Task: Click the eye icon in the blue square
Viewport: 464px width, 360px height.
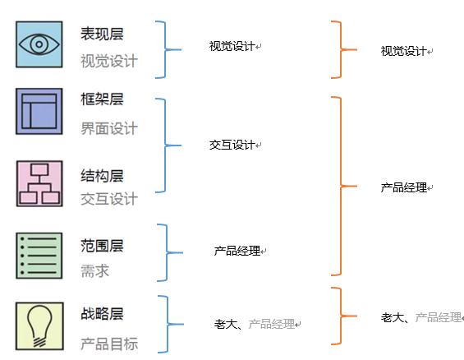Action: (x=39, y=44)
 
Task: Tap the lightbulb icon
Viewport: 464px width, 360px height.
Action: (x=39, y=326)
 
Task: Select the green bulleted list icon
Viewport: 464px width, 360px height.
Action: (x=39, y=256)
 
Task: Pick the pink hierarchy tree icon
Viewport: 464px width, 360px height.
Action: (x=39, y=183)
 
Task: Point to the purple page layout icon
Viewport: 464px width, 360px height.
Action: (x=39, y=111)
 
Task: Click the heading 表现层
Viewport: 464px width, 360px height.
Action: (x=102, y=34)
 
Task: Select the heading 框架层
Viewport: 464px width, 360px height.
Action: (x=102, y=99)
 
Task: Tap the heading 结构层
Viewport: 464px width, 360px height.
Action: (x=102, y=176)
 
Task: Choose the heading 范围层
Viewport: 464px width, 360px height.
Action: (x=102, y=246)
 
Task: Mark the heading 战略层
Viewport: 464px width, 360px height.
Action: (x=102, y=314)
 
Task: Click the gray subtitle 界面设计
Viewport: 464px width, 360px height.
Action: (x=109, y=128)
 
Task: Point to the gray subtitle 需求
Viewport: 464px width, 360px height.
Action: (x=94, y=271)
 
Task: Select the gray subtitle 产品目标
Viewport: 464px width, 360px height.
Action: (x=109, y=344)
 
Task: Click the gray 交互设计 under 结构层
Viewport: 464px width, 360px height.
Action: (x=109, y=199)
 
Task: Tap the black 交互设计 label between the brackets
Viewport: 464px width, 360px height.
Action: (x=232, y=145)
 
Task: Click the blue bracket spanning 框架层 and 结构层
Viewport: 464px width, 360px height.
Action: (x=165, y=145)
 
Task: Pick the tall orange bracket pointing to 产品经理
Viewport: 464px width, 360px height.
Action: (x=341, y=186)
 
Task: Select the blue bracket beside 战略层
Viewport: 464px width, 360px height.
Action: (x=168, y=324)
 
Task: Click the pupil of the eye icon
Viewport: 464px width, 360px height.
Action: (x=39, y=44)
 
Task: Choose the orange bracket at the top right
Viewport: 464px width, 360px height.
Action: (x=341, y=50)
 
